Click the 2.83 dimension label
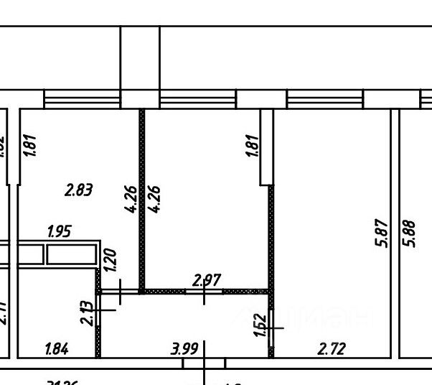tap(79, 190)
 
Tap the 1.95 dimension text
tap(59, 231)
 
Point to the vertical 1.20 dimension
tap(110, 259)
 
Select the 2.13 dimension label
tap(88, 312)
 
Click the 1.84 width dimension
tap(57, 349)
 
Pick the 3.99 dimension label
tap(184, 349)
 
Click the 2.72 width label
tap(331, 349)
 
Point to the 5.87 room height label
tap(382, 233)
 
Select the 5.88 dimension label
tap(410, 233)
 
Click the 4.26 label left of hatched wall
tap(130, 199)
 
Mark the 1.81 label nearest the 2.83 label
tap(30, 144)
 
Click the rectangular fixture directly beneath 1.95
tap(71, 255)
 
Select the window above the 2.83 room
tap(81, 98)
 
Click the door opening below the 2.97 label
tap(205, 291)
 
